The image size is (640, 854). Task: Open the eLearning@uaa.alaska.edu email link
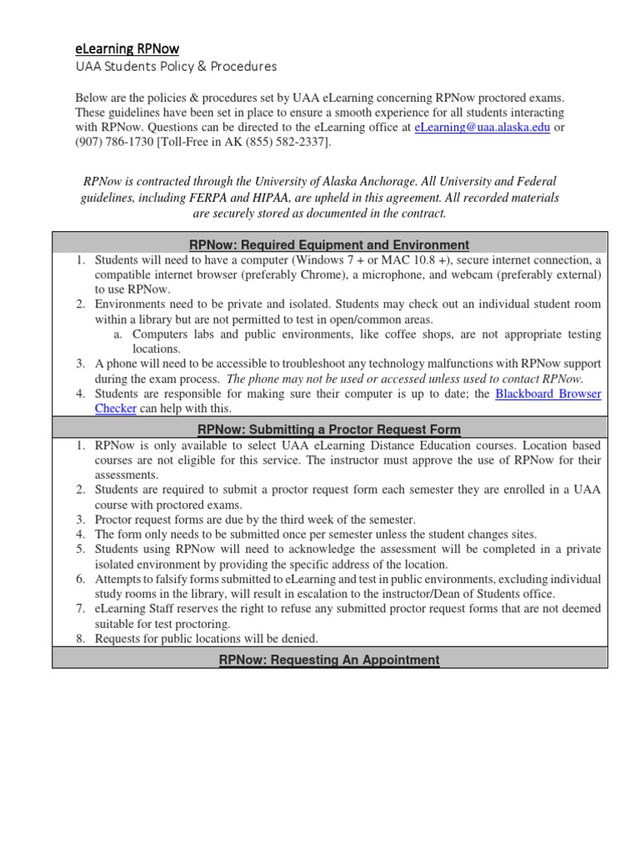click(477, 128)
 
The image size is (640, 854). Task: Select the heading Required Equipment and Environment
click(330, 244)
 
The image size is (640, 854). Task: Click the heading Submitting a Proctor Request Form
click(330, 430)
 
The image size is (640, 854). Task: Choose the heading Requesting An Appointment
click(330, 660)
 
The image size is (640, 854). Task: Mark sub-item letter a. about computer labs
click(117, 334)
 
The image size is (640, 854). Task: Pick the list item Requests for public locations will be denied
click(207, 639)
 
